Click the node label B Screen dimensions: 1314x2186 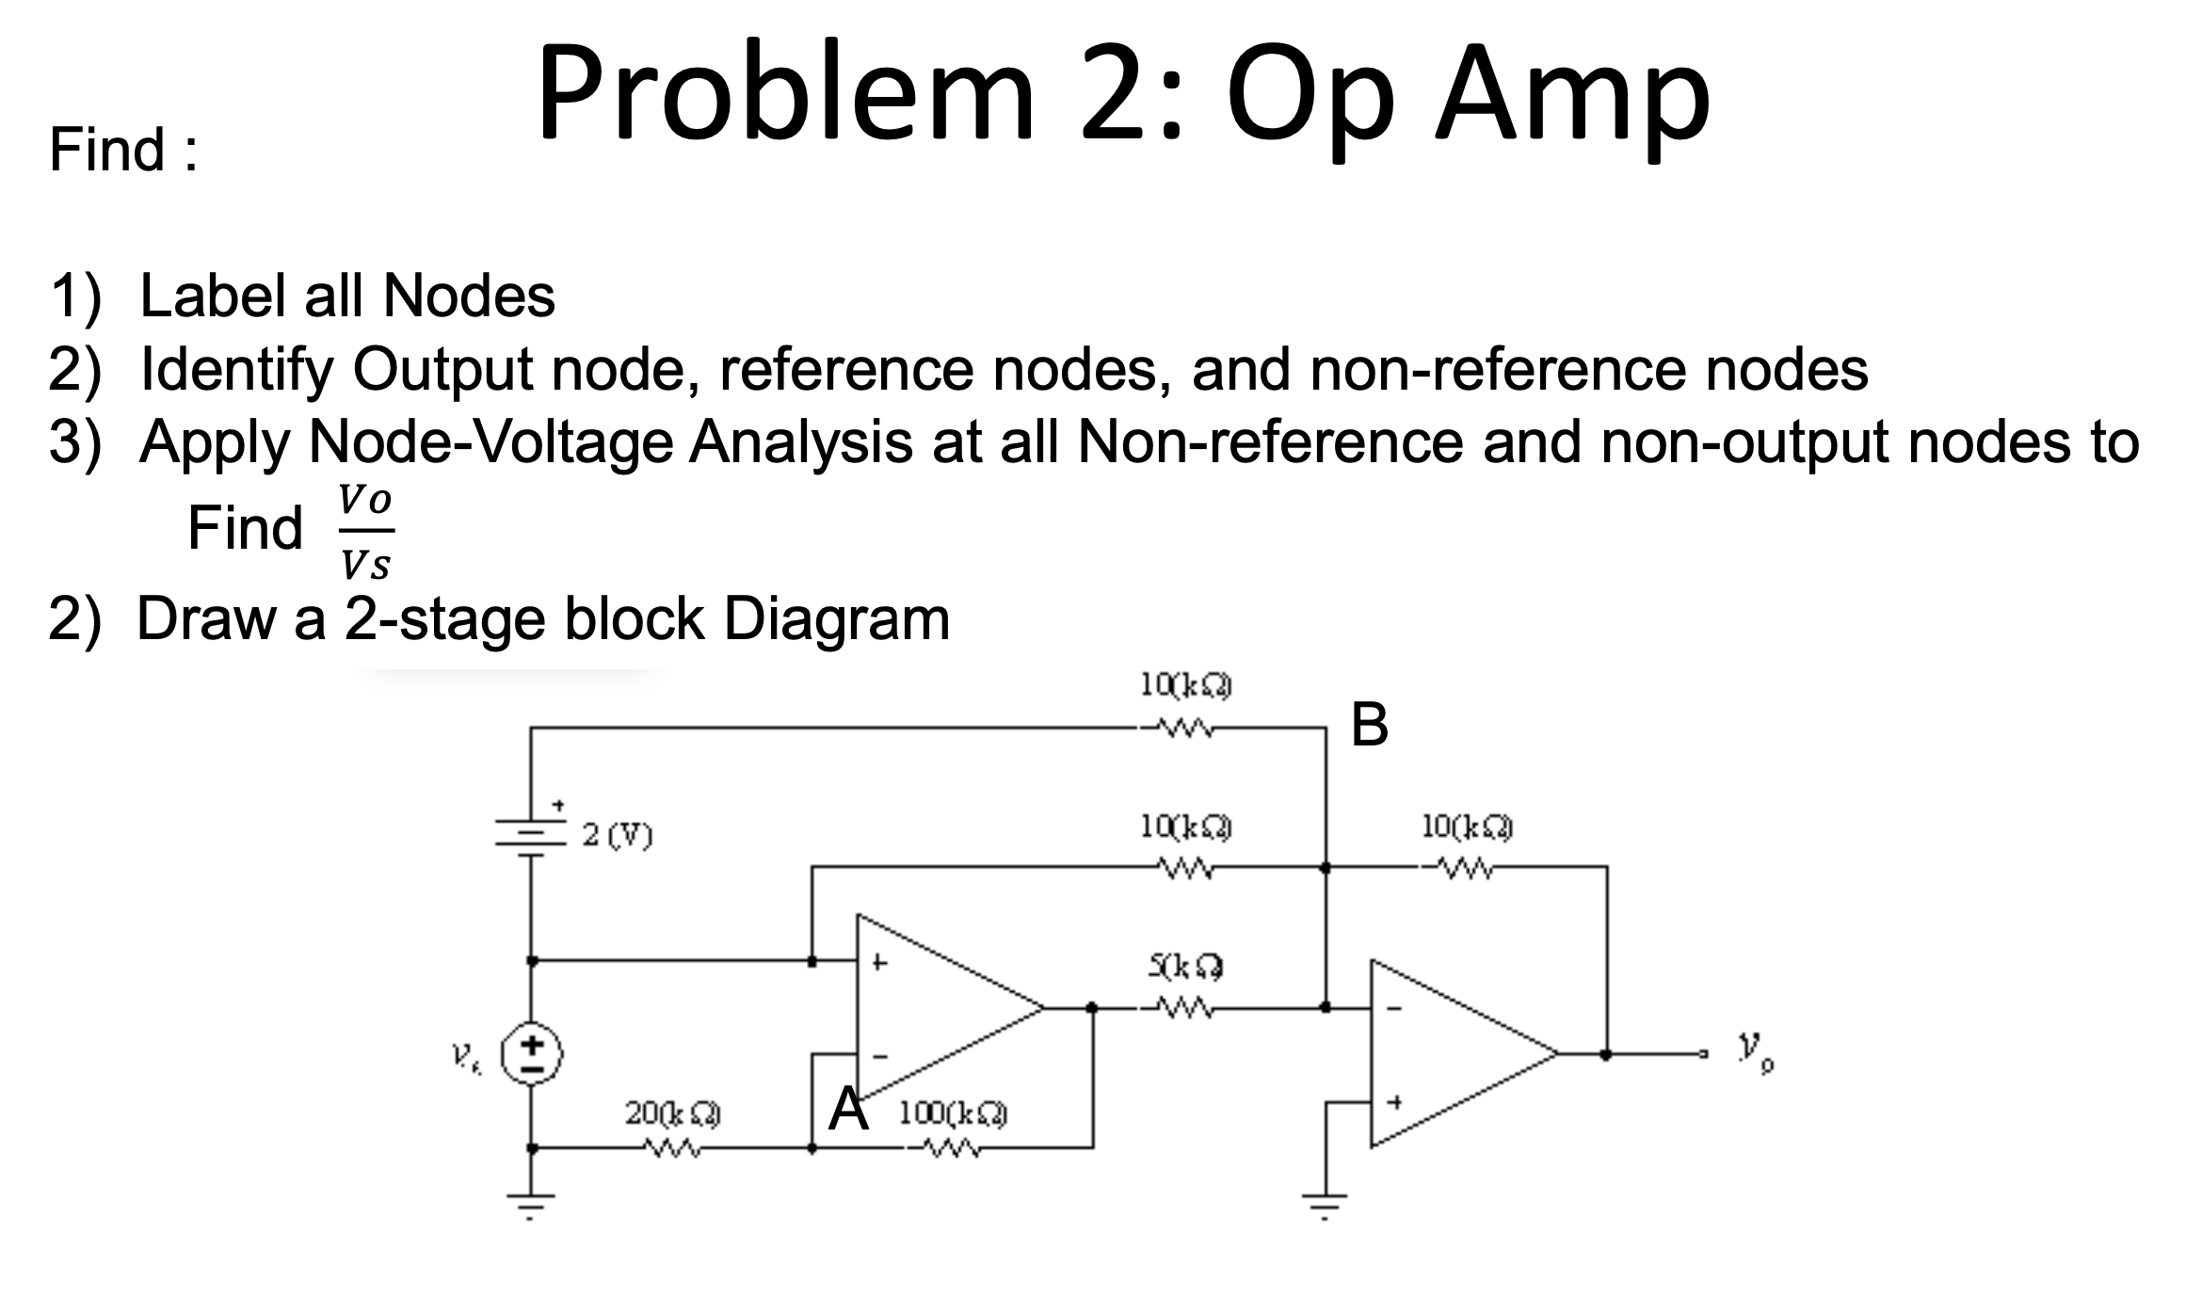click(x=1369, y=726)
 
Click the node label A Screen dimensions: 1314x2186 click(x=847, y=1110)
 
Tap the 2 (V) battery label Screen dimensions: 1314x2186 click(x=618, y=834)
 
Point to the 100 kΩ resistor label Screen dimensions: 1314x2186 click(x=952, y=1114)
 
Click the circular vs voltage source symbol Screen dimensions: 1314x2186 click(x=531, y=1054)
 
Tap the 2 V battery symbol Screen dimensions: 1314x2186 click(x=531, y=834)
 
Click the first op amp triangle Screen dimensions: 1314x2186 click(x=932, y=1007)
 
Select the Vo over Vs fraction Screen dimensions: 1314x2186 click(x=365, y=532)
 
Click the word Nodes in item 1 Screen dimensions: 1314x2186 click(x=468, y=296)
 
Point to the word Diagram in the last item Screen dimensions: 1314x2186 click(x=836, y=619)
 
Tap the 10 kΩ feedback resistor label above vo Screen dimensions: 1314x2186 click(x=1467, y=827)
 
